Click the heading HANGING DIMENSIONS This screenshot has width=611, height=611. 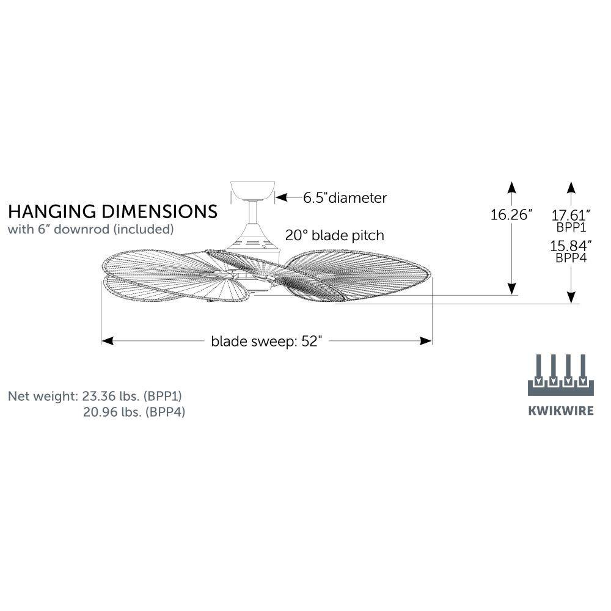(112, 211)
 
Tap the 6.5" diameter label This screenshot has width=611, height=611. (345, 198)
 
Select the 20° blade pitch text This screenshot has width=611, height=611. (335, 235)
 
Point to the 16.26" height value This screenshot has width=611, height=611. (511, 214)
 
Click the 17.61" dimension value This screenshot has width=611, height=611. (571, 214)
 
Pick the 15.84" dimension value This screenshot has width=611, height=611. (571, 246)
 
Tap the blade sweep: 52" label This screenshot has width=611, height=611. (266, 342)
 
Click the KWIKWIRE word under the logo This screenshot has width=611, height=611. (561, 411)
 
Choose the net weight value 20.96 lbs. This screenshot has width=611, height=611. (112, 412)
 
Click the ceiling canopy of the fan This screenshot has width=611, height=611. (252, 191)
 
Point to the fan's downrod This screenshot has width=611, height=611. (253, 213)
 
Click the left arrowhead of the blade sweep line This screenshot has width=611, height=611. (107, 341)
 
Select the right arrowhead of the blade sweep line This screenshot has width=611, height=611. (426, 341)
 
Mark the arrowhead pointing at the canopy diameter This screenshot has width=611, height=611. (281, 197)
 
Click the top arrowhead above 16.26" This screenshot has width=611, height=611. (512, 188)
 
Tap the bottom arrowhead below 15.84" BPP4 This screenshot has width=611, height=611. (571, 298)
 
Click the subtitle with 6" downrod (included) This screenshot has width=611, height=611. (91, 229)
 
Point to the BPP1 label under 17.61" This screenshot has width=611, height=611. (571, 227)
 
